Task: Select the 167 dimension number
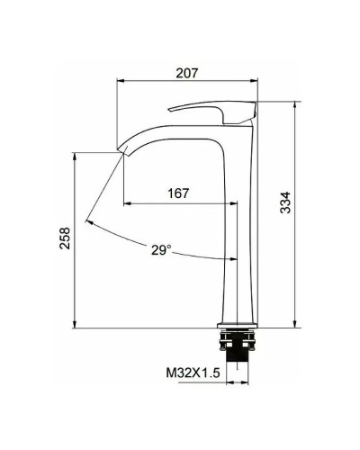[179, 193]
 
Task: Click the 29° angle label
[163, 251]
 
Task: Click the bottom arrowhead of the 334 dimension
[295, 326]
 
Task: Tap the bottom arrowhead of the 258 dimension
[76, 326]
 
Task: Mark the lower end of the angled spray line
[87, 221]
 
